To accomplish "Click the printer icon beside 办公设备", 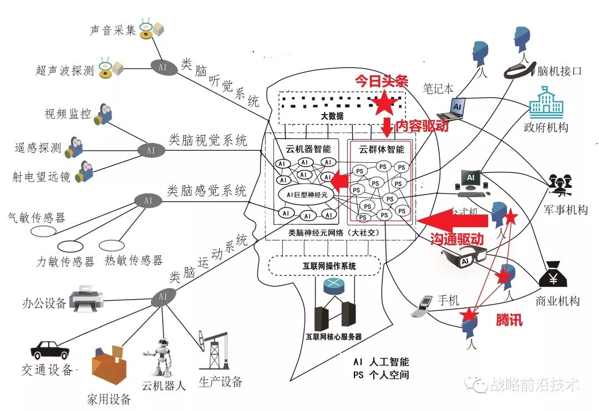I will [88, 297].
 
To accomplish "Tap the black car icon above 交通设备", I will [50, 350].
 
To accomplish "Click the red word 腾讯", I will [509, 320].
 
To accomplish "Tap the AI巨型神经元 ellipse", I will [307, 195].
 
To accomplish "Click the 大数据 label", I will [332, 116].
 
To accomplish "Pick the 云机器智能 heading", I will [308, 149].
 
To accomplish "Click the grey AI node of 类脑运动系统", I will [163, 297].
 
